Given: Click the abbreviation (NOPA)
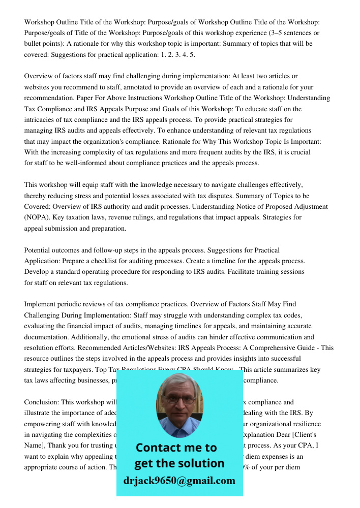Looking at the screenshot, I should click(39, 217).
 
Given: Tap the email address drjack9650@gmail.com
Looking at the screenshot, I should click(179, 481).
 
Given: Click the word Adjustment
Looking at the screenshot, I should click(308, 206).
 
